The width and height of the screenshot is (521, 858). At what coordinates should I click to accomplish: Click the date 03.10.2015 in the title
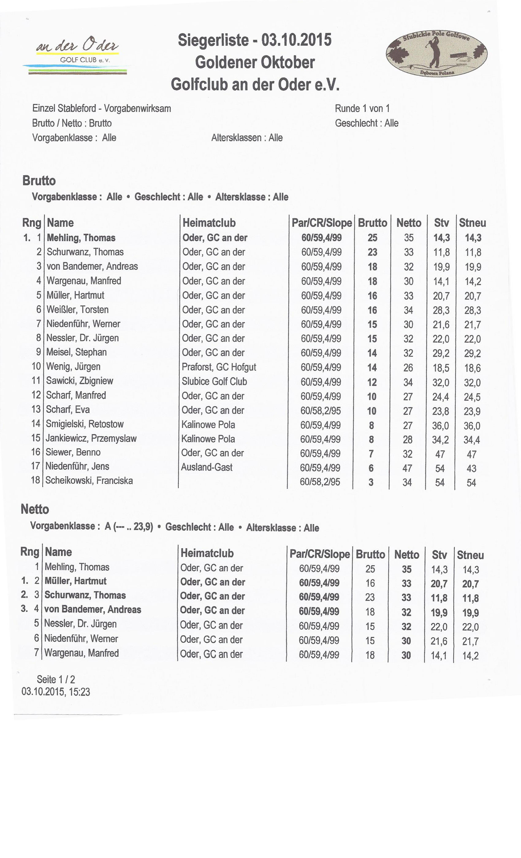[296, 40]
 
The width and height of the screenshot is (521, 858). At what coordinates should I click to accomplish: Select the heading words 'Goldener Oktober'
[255, 62]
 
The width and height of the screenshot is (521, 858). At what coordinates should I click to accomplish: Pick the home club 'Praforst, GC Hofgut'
[219, 367]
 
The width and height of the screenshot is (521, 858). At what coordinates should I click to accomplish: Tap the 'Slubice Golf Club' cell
[214, 381]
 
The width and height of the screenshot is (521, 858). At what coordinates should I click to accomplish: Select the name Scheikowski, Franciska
[89, 480]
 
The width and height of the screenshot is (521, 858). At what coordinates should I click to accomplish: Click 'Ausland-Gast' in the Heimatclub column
[207, 467]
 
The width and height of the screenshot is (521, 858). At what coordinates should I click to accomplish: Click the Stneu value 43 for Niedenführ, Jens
[471, 468]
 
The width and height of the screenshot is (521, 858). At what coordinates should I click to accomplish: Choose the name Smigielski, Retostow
[85, 424]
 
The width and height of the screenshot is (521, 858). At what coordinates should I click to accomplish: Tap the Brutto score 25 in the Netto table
[370, 569]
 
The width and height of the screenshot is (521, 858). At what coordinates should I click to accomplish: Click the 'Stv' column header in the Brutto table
[441, 223]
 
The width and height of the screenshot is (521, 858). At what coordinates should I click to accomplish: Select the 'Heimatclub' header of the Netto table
[207, 553]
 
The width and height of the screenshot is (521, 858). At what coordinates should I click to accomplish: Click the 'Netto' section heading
[35, 509]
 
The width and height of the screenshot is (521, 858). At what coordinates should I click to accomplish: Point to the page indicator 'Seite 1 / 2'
[56, 679]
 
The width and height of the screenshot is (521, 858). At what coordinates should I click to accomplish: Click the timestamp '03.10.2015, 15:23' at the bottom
[56, 692]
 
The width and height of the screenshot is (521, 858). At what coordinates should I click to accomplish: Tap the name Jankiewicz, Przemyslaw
[91, 438]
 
